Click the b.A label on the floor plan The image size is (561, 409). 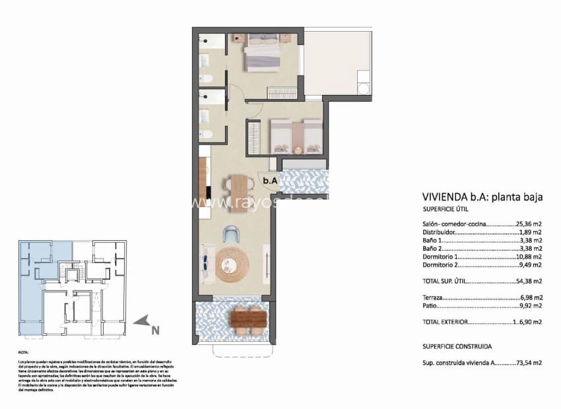[270, 179]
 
